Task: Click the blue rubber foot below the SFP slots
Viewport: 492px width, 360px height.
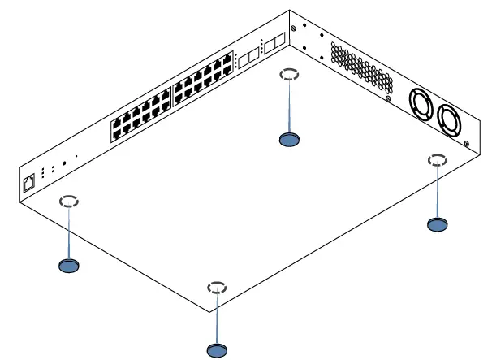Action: (x=289, y=140)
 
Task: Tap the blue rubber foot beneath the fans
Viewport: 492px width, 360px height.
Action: (x=437, y=224)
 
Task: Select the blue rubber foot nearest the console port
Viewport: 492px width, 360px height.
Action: (x=70, y=265)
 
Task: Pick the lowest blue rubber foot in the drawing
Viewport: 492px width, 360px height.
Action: (x=217, y=349)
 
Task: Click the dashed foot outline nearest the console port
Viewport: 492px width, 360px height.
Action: (x=69, y=201)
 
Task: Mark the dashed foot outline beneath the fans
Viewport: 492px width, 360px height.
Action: (x=437, y=159)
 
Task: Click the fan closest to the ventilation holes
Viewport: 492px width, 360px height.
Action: (x=422, y=104)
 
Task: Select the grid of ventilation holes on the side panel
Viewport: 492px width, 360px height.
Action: (x=360, y=65)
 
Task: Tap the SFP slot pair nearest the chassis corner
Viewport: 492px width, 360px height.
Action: (x=276, y=41)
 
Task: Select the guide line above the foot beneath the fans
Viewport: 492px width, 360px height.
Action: (x=437, y=191)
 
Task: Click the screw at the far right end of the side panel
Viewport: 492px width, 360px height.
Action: (x=468, y=144)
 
